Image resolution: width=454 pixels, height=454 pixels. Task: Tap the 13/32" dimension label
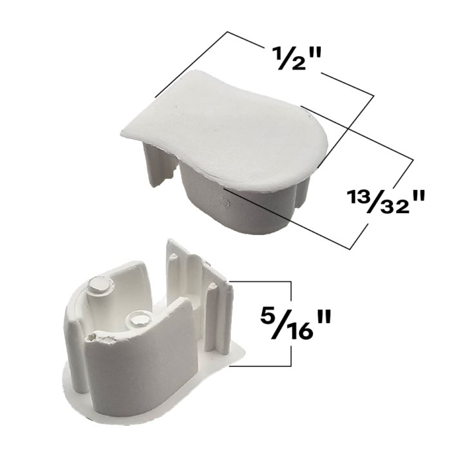pyautogui.click(x=386, y=201)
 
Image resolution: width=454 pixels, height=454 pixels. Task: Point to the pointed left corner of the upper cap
pyautogui.click(x=122, y=133)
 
